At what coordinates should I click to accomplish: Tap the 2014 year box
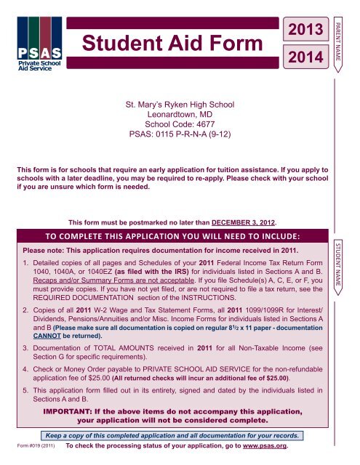coord(305,55)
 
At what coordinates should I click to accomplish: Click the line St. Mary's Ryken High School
coord(180,105)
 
